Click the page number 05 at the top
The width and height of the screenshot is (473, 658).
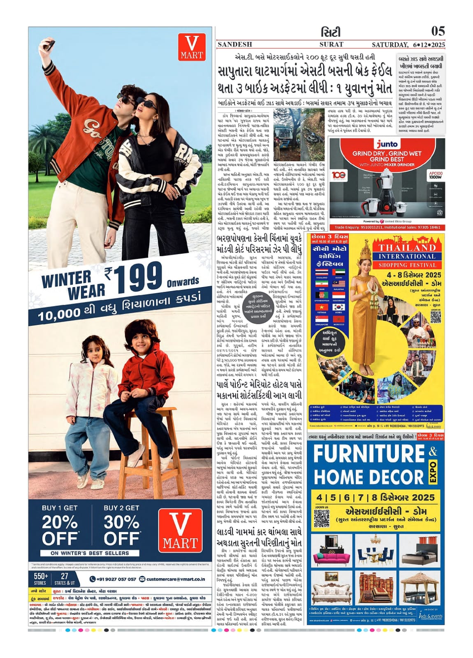(x=438, y=31)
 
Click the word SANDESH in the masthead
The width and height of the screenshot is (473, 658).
(x=234, y=44)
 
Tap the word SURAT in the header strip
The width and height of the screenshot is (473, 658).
(x=331, y=44)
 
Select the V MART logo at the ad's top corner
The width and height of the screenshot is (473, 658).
(x=192, y=48)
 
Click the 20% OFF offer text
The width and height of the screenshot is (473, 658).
(x=60, y=530)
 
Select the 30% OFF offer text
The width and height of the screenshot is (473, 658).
(x=121, y=530)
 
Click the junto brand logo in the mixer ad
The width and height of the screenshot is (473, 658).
(x=387, y=144)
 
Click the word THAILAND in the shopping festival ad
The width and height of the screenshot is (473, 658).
(x=401, y=248)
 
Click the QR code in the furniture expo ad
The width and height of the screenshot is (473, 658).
(x=322, y=519)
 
